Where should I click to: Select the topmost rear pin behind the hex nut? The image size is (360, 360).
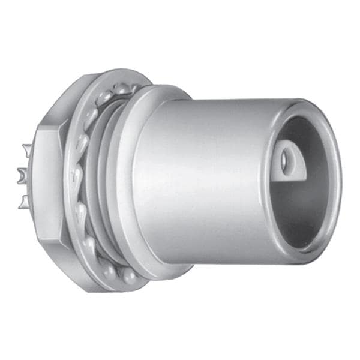(26, 149)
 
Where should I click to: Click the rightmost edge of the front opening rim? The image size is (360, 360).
(340, 180)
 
